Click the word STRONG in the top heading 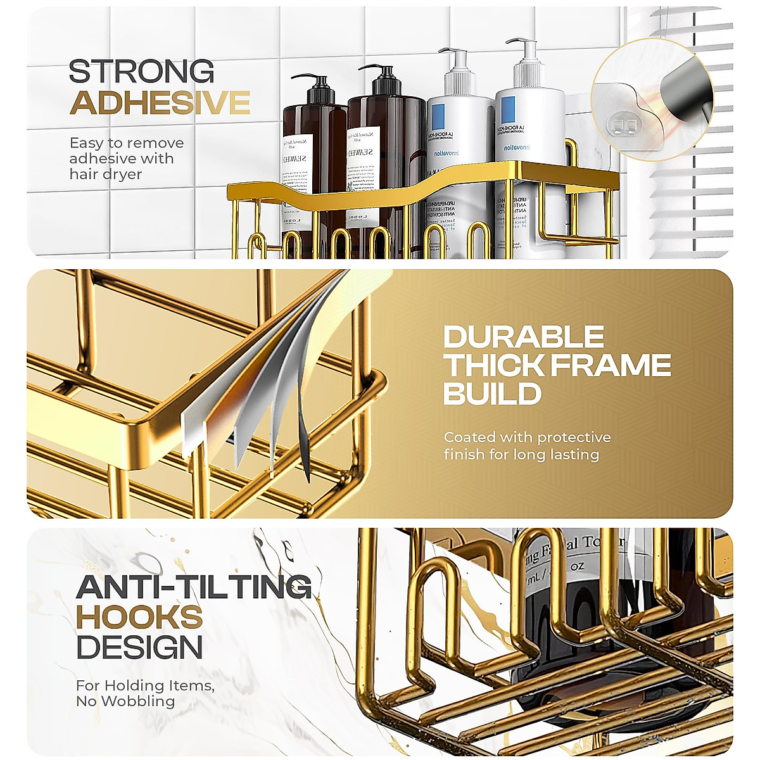[141, 72]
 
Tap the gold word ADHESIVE [160, 103]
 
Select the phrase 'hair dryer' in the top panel [106, 174]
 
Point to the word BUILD [492, 394]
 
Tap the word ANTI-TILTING [194, 587]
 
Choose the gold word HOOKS [139, 617]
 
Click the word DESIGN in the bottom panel [139, 648]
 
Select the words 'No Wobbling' [125, 701]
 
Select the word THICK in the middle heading [493, 365]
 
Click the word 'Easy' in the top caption [85, 143]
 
